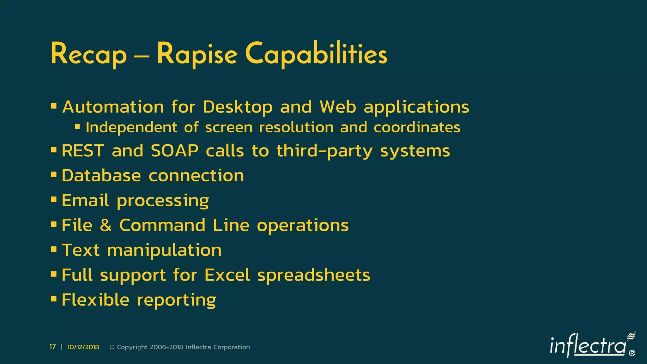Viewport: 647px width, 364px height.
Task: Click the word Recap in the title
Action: coord(88,54)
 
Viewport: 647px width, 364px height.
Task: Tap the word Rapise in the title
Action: coord(197,54)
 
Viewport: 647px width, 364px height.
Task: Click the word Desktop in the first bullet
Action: coord(238,107)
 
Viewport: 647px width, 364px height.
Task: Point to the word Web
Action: coord(338,107)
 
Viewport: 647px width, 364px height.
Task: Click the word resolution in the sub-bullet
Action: coord(296,128)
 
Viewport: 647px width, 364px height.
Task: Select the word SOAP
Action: coord(175,151)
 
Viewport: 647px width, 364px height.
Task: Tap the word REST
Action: coord(83,151)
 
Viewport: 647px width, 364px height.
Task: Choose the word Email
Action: coord(85,200)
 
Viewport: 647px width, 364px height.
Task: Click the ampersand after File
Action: coord(106,225)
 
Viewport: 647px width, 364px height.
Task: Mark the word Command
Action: coord(162,225)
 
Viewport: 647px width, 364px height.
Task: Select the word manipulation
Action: coord(164,251)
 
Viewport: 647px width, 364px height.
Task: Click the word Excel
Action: coord(227,275)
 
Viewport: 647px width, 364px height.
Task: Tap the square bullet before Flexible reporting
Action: coord(54,298)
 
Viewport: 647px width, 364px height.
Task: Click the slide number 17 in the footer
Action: coord(52,347)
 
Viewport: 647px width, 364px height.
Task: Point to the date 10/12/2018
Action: coord(83,347)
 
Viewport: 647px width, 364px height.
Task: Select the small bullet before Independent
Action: coord(77,127)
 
